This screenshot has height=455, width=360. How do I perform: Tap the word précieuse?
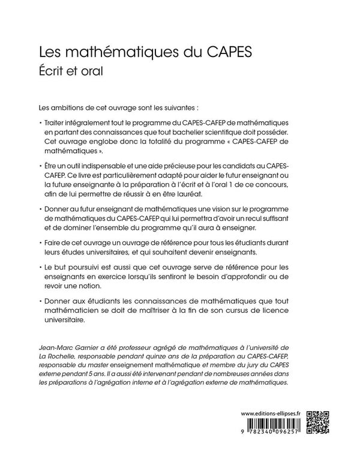(x=184, y=164)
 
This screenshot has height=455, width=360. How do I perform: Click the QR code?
(x=319, y=423)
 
